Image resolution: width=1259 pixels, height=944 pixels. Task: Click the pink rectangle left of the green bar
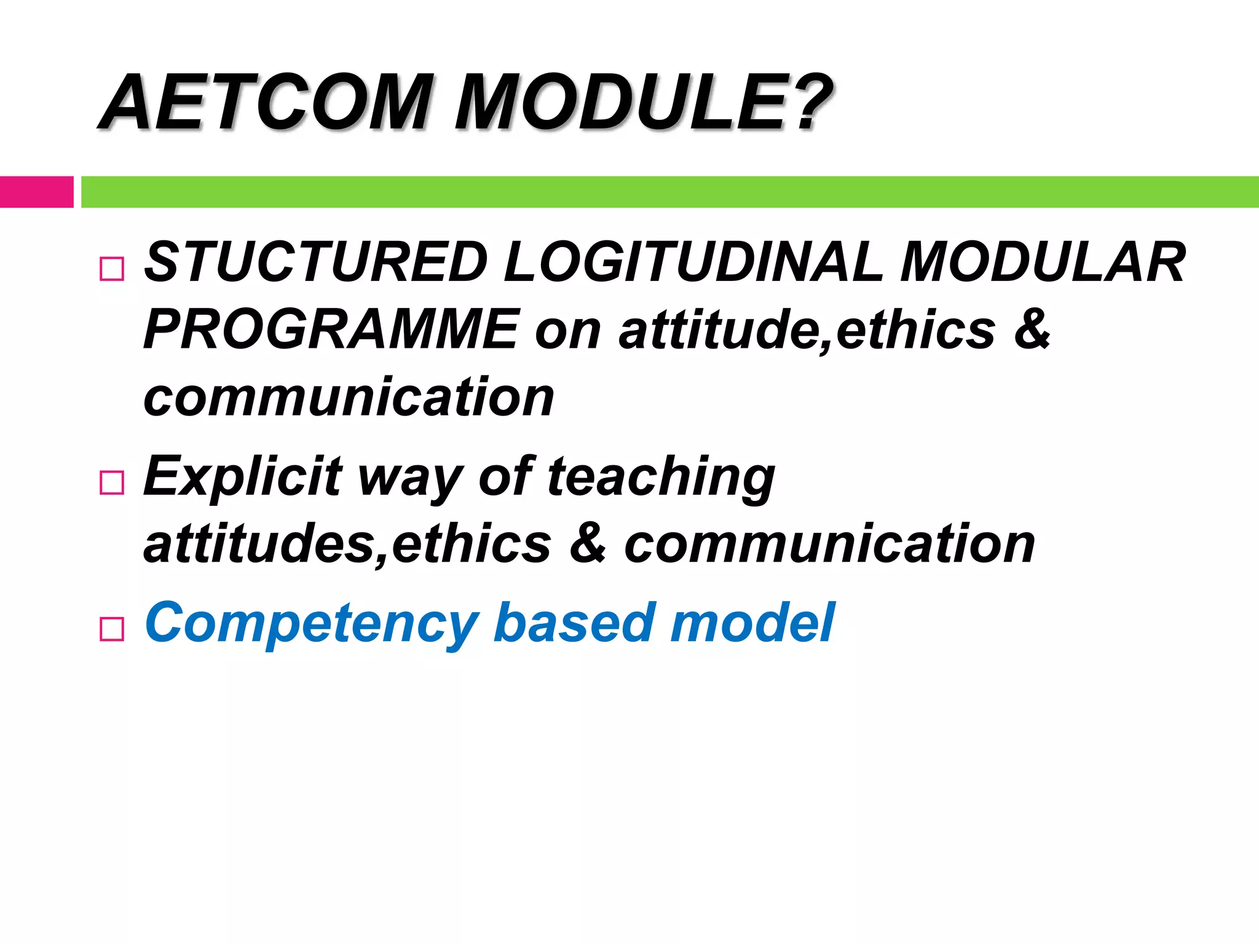36,192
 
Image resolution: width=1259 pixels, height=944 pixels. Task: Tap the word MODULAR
1042,262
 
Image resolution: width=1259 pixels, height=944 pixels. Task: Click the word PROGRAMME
331,330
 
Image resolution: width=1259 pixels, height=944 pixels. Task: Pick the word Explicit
242,476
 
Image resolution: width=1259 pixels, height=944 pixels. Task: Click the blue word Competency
311,624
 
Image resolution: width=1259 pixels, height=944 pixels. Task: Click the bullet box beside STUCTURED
111,269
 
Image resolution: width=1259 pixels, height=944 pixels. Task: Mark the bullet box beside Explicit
111,483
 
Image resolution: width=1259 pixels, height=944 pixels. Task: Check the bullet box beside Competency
111,629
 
